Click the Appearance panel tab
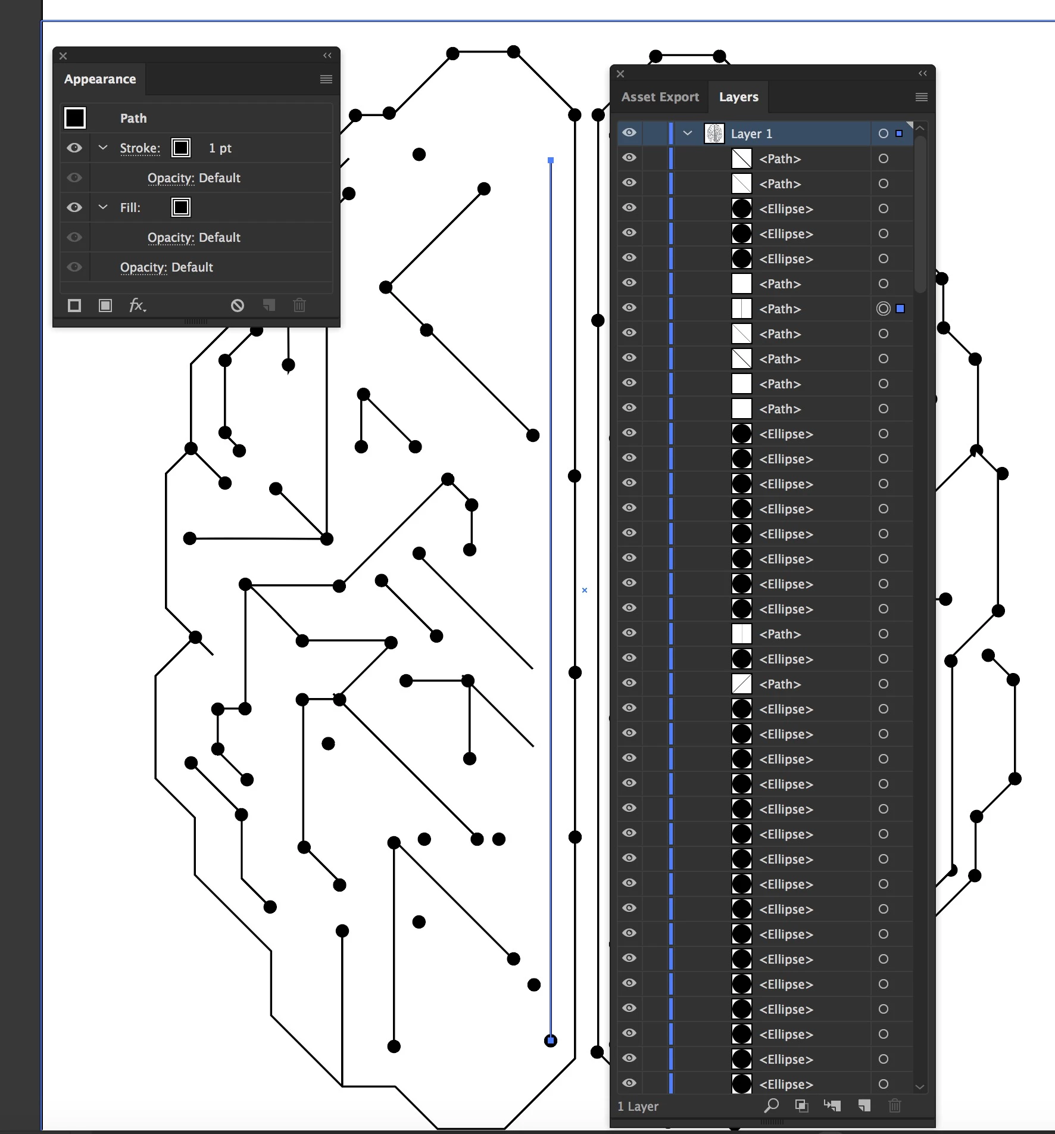[100, 79]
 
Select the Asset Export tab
[660, 97]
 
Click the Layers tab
[738, 97]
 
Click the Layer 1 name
[751, 134]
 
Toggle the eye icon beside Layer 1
[629, 133]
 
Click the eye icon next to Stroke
[74, 148]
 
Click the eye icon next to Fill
[74, 207]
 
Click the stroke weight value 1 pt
[220, 148]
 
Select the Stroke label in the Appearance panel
[140, 148]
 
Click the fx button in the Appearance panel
[137, 306]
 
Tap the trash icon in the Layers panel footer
[894, 1106]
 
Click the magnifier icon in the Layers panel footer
[772, 1106]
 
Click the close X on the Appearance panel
[63, 56]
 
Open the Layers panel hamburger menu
[921, 97]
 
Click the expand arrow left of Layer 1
[688, 133]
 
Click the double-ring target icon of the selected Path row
[884, 309]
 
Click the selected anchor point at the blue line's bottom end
[551, 1040]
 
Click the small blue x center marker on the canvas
[585, 590]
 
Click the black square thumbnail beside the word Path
[75, 118]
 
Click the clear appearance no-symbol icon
[238, 306]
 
